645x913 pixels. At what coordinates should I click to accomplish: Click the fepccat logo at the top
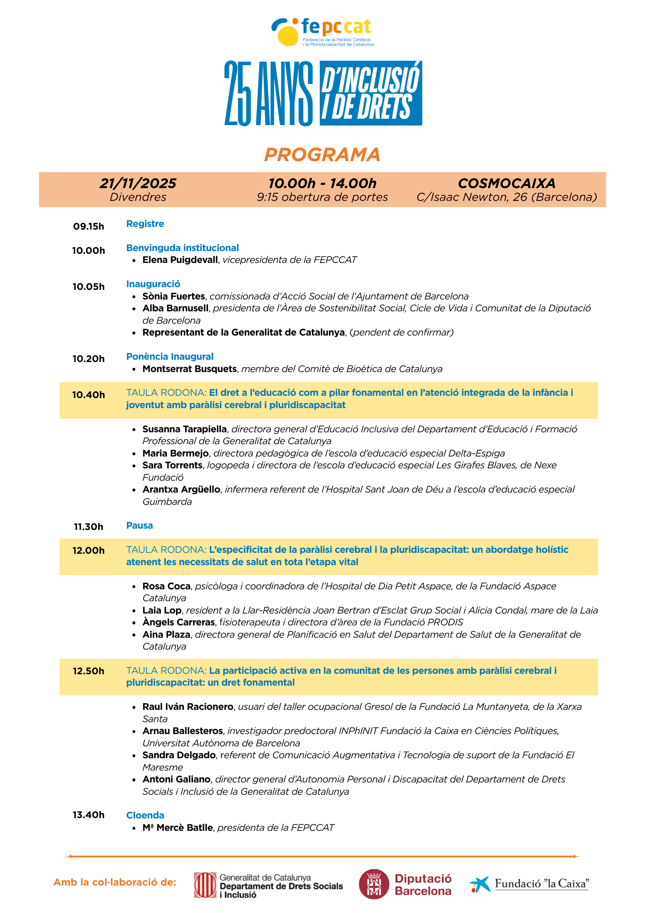pos(322,32)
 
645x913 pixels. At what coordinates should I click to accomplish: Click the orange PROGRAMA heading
pos(322,155)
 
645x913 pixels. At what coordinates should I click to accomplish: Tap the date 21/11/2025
pos(138,183)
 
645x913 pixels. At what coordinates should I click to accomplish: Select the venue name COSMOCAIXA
pos(506,183)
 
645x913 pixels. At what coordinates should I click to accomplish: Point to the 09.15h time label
pos(88,226)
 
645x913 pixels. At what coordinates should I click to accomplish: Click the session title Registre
pos(145,224)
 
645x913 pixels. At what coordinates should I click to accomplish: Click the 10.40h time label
pos(88,395)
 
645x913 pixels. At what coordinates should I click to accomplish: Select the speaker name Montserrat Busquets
pos(189,368)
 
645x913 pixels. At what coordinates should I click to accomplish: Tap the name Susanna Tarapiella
pos(184,429)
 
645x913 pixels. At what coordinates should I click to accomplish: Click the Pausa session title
pos(140,525)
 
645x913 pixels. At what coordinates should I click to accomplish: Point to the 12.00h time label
pos(88,551)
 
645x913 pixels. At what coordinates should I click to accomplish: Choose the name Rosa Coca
pos(166,586)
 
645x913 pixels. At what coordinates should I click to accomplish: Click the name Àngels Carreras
pos(178,622)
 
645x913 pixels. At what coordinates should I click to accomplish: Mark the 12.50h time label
pos(88,671)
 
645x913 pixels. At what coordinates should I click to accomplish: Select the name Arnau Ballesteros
pos(182,731)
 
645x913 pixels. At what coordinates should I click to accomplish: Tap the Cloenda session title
pos(145,815)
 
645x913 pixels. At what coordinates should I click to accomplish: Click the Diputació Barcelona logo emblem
pos(374,884)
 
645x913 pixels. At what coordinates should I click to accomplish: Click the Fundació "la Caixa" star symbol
pos(480,884)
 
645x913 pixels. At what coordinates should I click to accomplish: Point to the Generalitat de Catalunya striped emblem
pos(205,885)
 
